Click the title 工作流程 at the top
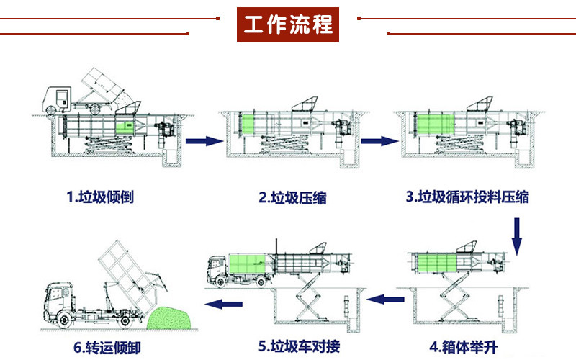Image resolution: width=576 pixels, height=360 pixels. [x=288, y=24]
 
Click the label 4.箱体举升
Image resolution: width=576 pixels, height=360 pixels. [x=465, y=345]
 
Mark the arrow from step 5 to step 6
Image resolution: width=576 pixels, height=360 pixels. [x=220, y=305]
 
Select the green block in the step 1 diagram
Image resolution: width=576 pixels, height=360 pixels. [x=127, y=127]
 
